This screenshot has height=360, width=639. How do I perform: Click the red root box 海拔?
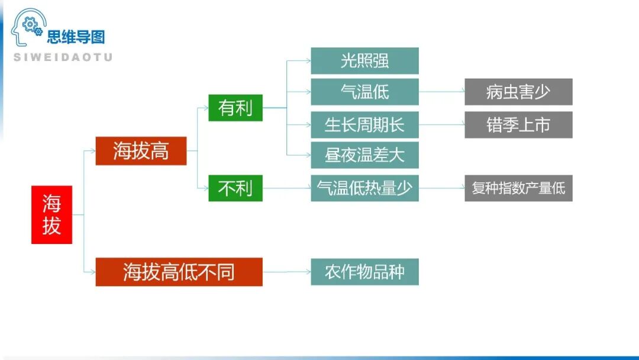point(51,215)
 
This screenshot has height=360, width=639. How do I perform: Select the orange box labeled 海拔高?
point(141,151)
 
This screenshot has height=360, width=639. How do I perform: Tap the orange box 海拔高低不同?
point(179,272)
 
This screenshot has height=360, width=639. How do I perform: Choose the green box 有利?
point(235,108)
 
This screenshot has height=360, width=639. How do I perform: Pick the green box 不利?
point(235,188)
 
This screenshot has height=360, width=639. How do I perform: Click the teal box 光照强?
point(364,60)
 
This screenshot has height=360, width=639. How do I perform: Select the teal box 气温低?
point(364,92)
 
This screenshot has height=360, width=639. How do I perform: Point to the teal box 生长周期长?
point(364,124)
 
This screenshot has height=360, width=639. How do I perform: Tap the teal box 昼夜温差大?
point(364,155)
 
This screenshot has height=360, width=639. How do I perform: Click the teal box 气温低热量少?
point(364,188)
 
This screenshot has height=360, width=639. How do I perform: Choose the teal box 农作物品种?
point(364,272)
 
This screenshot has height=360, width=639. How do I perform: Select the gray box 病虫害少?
point(518,92)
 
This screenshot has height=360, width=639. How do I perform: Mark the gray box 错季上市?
point(518,124)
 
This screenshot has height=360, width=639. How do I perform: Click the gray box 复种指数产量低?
point(518,188)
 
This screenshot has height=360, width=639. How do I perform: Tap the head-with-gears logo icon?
point(28,27)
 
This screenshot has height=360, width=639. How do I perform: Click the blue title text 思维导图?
point(76,37)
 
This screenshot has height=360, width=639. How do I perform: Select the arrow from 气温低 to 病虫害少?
point(441,92)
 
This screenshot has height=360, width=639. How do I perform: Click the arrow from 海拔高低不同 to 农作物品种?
point(286,272)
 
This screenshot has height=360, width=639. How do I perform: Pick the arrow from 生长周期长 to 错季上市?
point(441,124)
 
